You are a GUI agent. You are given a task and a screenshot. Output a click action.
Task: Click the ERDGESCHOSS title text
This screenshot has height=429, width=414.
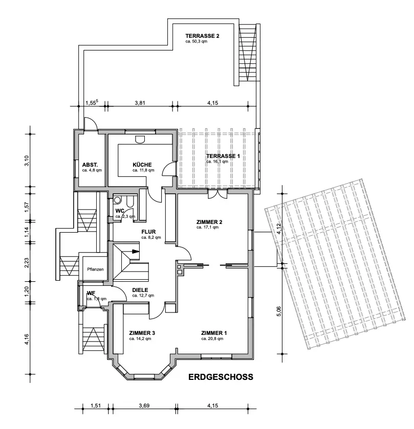[x=221, y=378]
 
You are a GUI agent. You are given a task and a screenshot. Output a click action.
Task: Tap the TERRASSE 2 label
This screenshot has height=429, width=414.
[x=203, y=36]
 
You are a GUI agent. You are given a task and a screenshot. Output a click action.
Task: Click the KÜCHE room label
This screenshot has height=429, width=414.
[x=142, y=164]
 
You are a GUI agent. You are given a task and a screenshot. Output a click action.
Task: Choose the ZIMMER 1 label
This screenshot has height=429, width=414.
[x=214, y=333]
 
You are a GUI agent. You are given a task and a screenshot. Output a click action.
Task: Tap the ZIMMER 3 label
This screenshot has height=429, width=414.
[x=142, y=333]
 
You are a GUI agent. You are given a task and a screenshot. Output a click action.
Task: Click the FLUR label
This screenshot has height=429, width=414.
[x=148, y=231]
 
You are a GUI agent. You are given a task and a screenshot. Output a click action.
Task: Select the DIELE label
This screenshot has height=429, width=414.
[x=140, y=289]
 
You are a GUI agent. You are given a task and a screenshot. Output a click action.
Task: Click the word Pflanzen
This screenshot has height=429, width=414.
[x=96, y=269]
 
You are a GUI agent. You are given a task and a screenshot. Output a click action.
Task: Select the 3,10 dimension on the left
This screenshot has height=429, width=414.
[x=28, y=161]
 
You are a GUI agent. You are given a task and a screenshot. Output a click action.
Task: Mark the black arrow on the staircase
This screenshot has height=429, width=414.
[x=134, y=251]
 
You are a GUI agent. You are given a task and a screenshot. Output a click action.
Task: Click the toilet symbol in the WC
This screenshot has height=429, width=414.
[x=118, y=200]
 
